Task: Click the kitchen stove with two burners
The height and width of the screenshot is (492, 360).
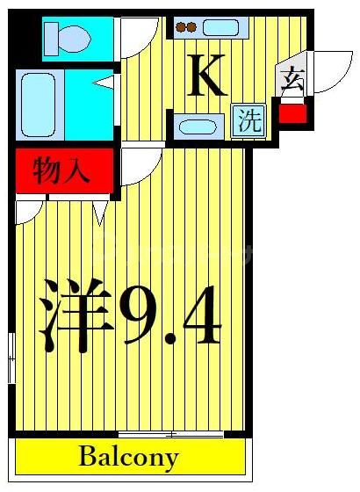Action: click(x=186, y=27)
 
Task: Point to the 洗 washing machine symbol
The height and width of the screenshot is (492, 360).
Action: click(x=248, y=120)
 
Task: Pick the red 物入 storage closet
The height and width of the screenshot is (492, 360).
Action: click(x=63, y=170)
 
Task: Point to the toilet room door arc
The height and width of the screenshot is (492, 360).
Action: click(x=138, y=37)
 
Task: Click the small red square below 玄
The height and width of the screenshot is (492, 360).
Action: click(x=292, y=112)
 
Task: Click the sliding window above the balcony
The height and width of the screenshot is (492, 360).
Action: click(x=159, y=433)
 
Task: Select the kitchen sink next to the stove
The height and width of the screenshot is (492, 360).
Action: click(x=221, y=27)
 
